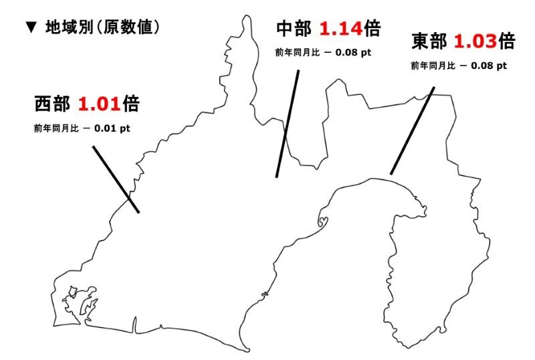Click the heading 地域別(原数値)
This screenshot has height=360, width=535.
[102, 27]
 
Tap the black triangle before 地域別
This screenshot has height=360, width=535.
[30, 28]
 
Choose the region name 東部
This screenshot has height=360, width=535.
[429, 41]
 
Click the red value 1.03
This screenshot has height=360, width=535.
[475, 41]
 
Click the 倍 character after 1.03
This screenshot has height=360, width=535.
[507, 41]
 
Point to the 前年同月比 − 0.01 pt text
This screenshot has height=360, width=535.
[82, 128]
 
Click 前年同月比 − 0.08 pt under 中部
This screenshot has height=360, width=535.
[324, 52]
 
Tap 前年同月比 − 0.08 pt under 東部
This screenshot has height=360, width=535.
[459, 66]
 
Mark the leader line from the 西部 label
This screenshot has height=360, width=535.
[116, 179]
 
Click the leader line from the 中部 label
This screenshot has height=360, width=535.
[287, 124]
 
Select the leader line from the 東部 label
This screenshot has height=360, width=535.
[412, 131]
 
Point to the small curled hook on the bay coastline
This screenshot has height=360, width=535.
[324, 219]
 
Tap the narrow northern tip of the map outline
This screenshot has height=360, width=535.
[246, 20]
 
